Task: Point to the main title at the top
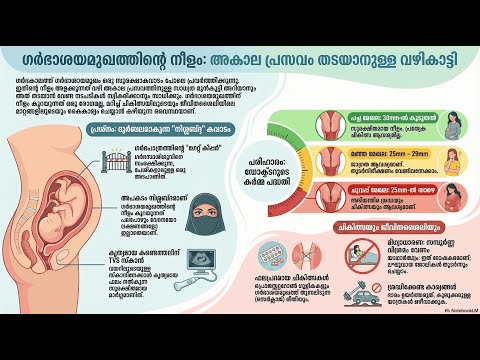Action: tap(240, 55)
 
